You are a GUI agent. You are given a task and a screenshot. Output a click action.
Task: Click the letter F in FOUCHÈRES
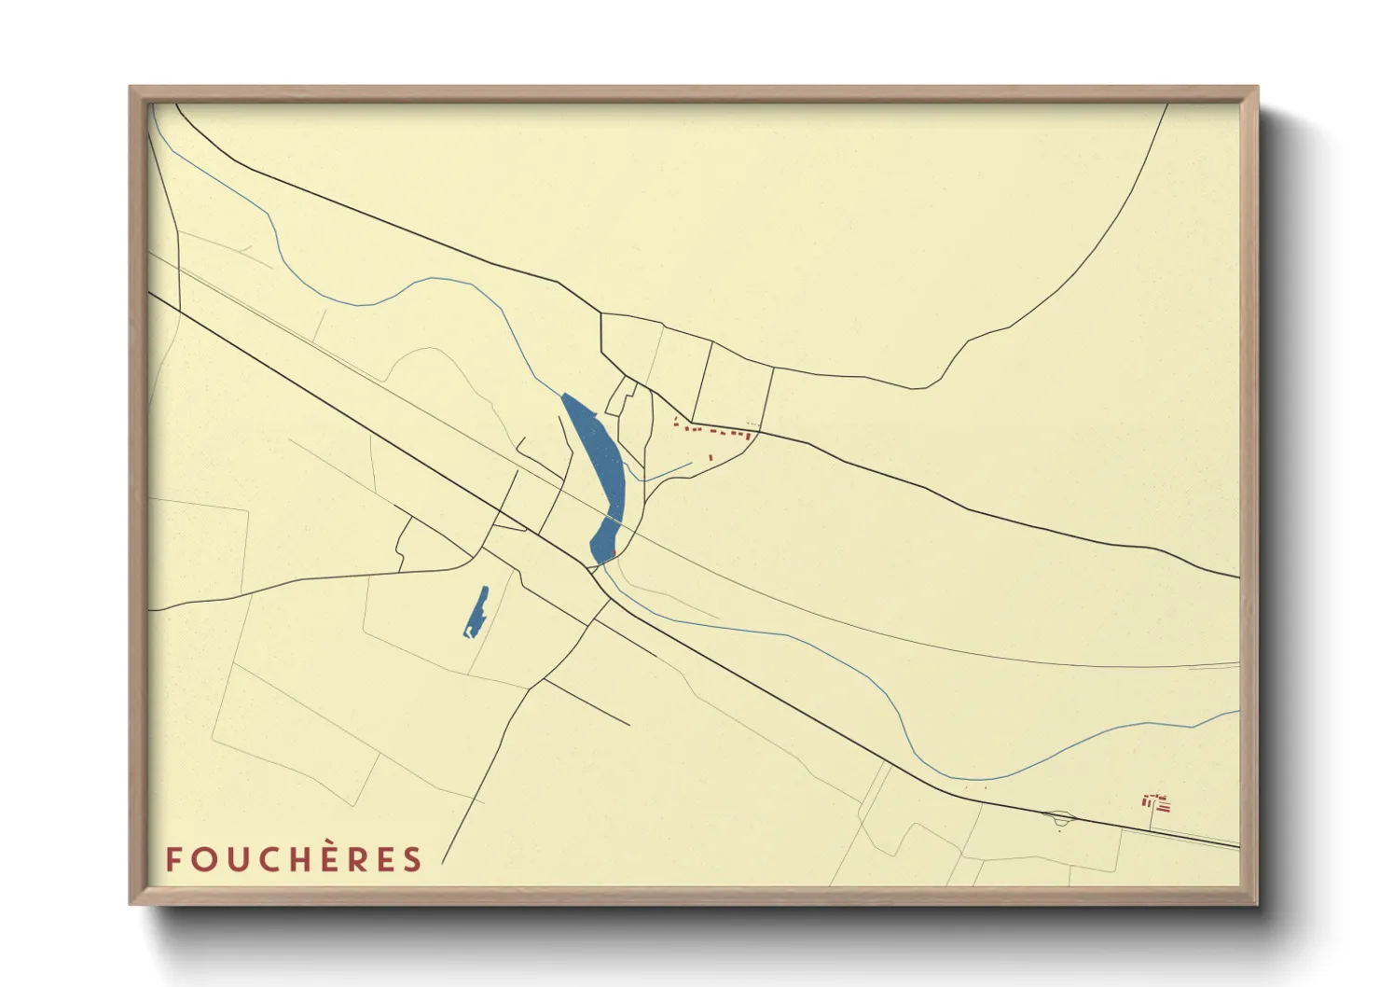[172, 859]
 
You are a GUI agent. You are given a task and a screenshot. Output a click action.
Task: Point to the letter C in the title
[265, 859]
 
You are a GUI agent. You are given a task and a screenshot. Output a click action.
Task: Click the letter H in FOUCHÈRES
[297, 859]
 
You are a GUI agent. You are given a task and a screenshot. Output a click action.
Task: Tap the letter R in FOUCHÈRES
[353, 859]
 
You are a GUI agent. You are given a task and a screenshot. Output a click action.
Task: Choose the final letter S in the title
[412, 859]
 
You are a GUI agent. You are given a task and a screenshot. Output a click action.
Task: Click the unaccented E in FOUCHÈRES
[383, 859]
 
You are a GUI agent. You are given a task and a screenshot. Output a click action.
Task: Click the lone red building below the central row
[711, 457]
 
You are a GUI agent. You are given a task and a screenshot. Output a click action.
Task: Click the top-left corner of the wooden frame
[131, 88]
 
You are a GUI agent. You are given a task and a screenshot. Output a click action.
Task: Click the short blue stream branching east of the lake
[667, 472]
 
